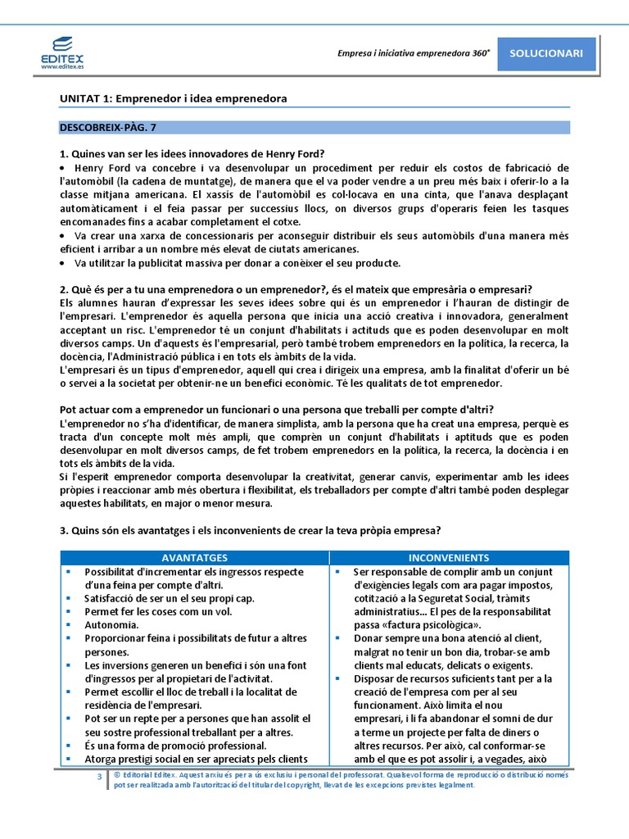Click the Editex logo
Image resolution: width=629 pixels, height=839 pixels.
61,51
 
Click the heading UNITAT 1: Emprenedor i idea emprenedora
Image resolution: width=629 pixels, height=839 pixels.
173,98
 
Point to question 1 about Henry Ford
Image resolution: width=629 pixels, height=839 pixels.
192,153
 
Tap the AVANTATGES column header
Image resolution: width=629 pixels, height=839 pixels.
195,557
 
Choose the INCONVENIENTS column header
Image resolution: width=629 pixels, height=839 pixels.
449,557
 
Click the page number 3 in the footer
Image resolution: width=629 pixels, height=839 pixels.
99,775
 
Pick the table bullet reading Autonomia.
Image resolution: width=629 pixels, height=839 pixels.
111,625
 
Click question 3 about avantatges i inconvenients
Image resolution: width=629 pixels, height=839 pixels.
251,530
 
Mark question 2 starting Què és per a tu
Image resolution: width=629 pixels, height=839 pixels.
296,289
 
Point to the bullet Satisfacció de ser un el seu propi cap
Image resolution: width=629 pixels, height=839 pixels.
169,598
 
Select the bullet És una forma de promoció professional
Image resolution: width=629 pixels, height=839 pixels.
175,746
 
